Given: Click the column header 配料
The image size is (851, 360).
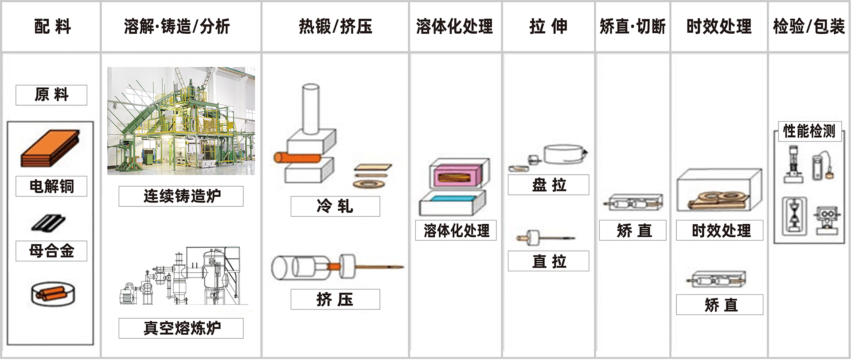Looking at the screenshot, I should tap(52, 27).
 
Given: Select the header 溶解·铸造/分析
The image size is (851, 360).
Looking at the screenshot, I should tap(177, 27).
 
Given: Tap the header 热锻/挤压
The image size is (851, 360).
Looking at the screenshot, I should tap(335, 27).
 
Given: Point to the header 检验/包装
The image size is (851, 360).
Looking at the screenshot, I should tap(808, 27).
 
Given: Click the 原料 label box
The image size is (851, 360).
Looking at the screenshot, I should tap(51, 95).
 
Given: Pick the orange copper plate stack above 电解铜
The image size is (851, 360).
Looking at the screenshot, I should tap(50, 149).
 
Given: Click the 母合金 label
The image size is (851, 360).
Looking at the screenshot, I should tap(51, 251).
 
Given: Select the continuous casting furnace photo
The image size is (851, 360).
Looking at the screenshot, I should tap(181, 121).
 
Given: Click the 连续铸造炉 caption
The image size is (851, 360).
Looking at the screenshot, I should tap(181, 196).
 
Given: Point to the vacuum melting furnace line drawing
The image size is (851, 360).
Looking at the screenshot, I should tap(182, 277).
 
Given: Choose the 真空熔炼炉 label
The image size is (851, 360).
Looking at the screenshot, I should tap(181, 328).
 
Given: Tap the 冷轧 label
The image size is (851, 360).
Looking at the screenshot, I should tap(335, 206).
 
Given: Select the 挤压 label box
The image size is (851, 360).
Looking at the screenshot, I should tap(335, 299).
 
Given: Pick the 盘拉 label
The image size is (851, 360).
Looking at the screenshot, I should tap(548, 185).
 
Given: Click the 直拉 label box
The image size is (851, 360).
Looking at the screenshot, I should tap(548, 261).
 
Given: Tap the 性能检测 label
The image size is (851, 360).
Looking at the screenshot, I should tap(809, 132).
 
